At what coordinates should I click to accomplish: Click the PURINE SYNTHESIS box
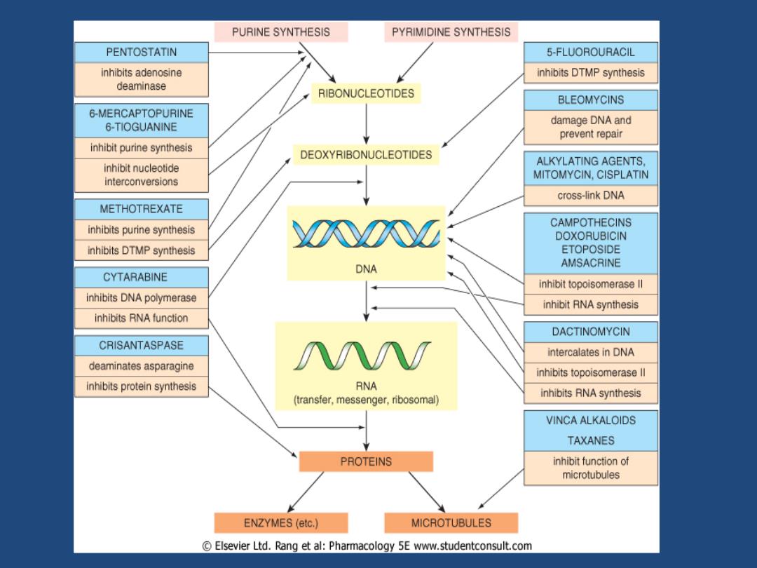[x=281, y=32]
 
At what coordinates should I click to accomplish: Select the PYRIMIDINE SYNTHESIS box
[x=451, y=32]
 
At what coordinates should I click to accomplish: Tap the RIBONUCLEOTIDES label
[x=366, y=93]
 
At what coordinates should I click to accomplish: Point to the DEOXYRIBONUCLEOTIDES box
[x=366, y=154]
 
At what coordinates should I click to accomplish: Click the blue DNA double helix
[x=366, y=234]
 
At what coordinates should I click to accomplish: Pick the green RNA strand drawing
[x=362, y=356]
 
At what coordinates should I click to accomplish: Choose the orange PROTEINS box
[x=366, y=461]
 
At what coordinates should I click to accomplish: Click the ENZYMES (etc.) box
[x=281, y=522]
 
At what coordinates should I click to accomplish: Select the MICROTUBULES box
[x=451, y=522]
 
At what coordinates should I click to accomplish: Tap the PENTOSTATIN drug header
[x=142, y=52]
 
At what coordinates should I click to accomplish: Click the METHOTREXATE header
[x=142, y=209]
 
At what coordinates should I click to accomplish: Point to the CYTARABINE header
[x=142, y=277]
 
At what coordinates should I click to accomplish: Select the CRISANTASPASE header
[x=142, y=345]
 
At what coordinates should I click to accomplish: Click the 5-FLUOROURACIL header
[x=591, y=52]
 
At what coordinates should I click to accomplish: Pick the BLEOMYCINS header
[x=591, y=100]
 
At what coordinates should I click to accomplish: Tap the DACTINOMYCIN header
[x=591, y=332]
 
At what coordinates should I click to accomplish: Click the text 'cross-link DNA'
[x=591, y=196]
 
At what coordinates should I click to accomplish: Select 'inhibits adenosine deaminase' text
[x=142, y=80]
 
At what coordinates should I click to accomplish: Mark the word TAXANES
[x=591, y=440]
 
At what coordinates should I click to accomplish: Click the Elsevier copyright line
[x=367, y=546]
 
